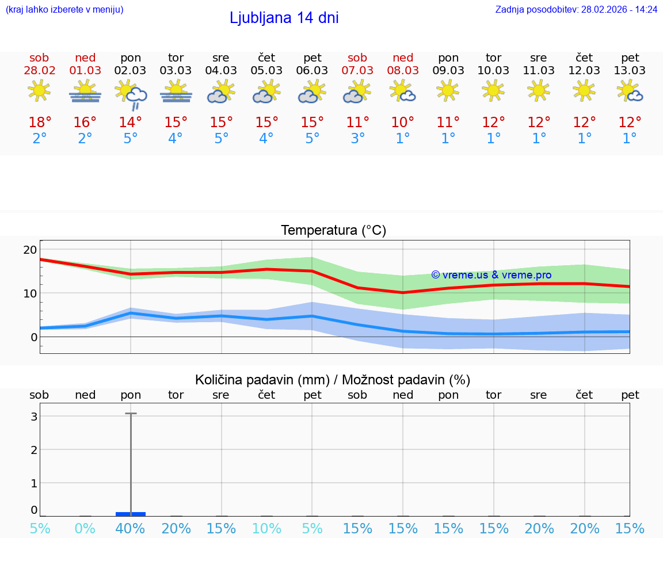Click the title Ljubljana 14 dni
coord(284,18)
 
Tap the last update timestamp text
coord(576,9)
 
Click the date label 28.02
coord(39,70)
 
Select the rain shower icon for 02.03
coord(131,94)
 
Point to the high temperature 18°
coord(40,123)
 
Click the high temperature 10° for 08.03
coord(403,123)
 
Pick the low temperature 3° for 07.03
coord(357,139)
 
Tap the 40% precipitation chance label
coord(131,529)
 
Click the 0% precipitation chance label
coord(85,529)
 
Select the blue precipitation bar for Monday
coord(131,514)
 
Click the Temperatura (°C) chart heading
coord(333,231)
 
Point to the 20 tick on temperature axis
coord(30,250)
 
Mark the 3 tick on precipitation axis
coord(34,416)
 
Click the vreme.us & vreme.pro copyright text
coord(491,275)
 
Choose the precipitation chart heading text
coord(332,380)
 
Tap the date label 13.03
coord(630,70)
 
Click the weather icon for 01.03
coord(85,91)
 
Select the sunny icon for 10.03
coord(494,90)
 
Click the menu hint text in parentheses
coord(64,9)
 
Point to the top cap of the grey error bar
coord(131,413)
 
